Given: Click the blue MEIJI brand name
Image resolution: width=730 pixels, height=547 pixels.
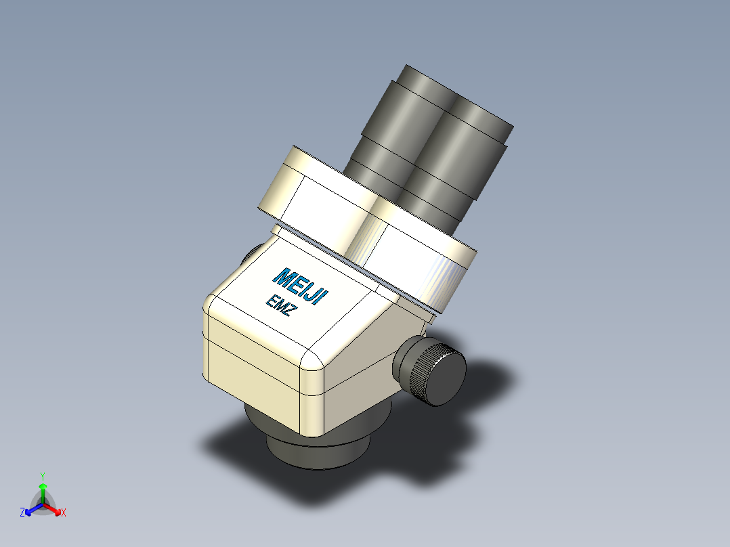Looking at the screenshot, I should pos(300,287).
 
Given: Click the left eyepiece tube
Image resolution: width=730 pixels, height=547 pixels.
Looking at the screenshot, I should pos(393,135).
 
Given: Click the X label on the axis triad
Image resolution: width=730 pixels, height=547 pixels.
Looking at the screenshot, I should pos(64,513).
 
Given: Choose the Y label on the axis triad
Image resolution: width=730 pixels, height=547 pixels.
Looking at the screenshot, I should pos(43,476).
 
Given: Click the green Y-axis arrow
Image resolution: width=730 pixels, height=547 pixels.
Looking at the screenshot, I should pos(43,491).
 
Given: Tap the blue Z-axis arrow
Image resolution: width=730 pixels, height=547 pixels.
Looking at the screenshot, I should pos(32,508).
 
